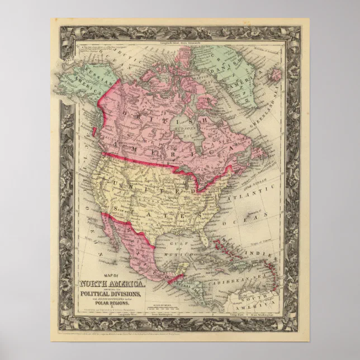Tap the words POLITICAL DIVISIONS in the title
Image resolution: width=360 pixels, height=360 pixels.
(114, 295)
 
